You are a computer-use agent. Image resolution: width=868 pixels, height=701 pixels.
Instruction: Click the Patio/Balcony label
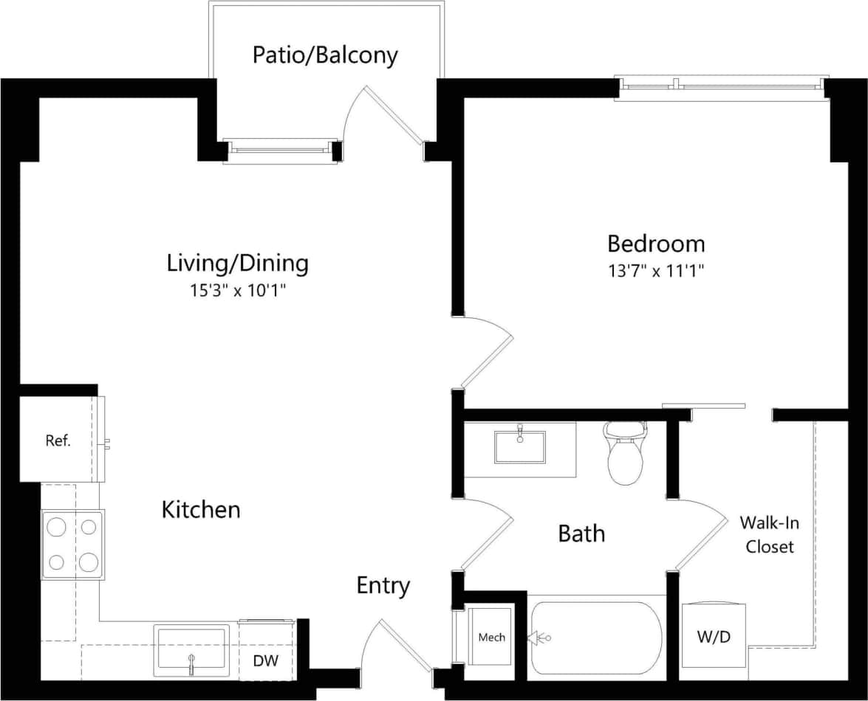pos(325,55)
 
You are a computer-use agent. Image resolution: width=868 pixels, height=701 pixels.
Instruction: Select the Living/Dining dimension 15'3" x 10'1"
pos(237,290)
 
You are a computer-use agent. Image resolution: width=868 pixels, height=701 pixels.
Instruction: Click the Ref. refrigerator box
pos(58,441)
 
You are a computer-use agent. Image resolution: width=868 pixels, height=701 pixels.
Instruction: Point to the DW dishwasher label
pos(266,660)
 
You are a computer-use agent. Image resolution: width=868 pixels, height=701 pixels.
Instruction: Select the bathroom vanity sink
pos(520,446)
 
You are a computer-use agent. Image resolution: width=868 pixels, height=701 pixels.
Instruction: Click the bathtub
pos(596,638)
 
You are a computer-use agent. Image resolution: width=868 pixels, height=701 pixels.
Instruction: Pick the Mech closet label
pos(491,637)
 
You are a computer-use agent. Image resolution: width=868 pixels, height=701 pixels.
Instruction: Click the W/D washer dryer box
pos(714,636)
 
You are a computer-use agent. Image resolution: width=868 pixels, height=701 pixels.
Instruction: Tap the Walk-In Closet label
pos(769,535)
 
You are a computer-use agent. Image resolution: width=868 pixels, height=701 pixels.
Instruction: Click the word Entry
pos(383,586)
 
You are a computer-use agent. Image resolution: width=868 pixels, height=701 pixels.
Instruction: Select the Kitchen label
pos(201,509)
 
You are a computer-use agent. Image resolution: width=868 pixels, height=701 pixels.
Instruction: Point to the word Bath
pos(581,533)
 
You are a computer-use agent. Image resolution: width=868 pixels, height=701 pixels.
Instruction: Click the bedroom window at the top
pos(722,87)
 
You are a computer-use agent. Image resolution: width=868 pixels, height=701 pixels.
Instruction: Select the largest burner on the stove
pos(89,563)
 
